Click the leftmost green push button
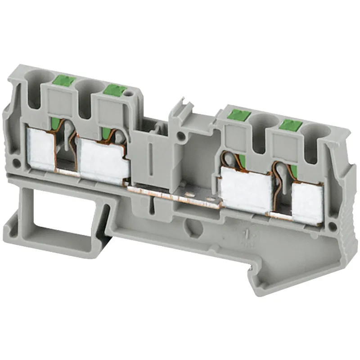[63, 81]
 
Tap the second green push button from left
[115, 90]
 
